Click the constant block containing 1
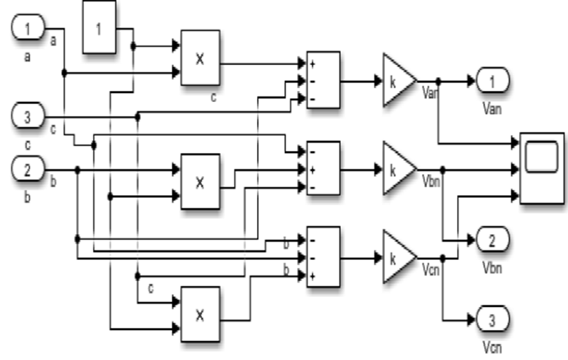[99, 29]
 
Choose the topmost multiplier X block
[200, 58]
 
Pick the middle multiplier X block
[200, 182]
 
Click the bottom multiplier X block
[200, 314]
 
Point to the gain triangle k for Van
[397, 80]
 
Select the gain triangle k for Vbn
[397, 169]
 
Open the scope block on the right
[541, 168]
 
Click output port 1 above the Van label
[493, 81]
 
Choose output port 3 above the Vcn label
[493, 320]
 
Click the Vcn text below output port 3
[493, 346]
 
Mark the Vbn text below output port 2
[493, 267]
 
